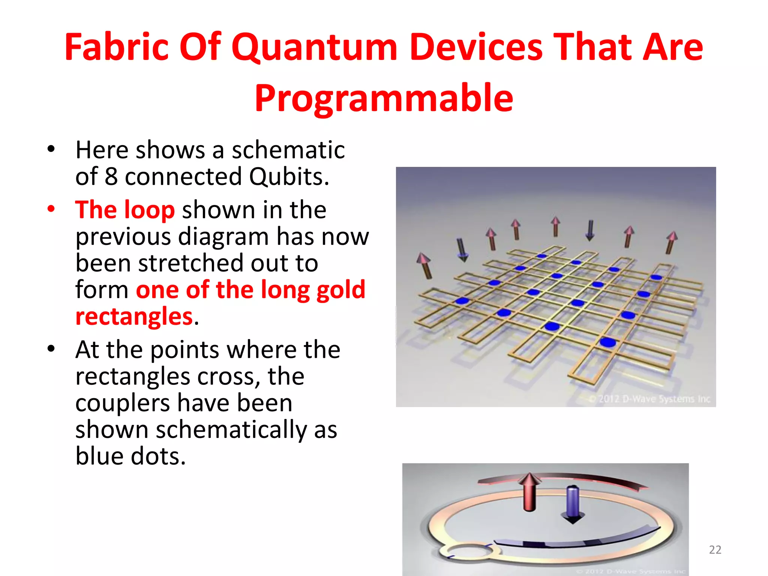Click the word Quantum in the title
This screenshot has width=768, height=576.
[x=314, y=47]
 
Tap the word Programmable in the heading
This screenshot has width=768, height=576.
[x=384, y=98]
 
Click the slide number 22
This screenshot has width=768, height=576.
[x=715, y=550]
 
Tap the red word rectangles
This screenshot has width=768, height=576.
[x=134, y=316]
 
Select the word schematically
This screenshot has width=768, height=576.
[x=231, y=429]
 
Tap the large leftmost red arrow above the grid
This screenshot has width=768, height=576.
[x=425, y=265]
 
